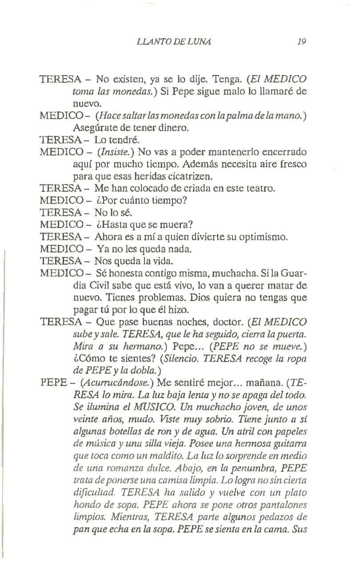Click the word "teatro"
pos(261,188)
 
